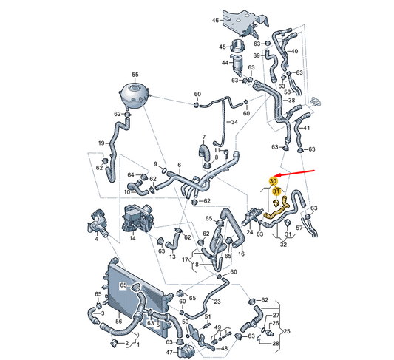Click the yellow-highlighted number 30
[273, 181]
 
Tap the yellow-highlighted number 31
[276, 191]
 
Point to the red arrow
[293, 173]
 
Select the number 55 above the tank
[135, 75]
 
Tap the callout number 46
[215, 21]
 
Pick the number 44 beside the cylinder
[225, 62]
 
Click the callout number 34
[234, 122]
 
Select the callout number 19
[101, 143]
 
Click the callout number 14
[132, 237]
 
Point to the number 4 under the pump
[96, 239]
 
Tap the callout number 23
[217, 301]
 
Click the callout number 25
[287, 331]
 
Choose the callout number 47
[169, 353]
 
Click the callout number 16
[241, 254]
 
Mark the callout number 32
[283, 244]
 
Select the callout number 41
[306, 128]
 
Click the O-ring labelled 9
[164, 171]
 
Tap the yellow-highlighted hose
[275, 211]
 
